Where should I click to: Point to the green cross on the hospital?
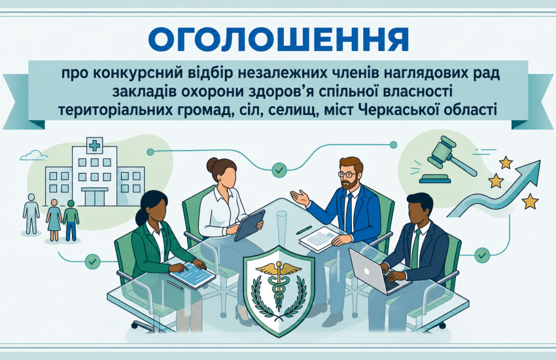tap(94, 145)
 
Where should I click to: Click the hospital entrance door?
tap(94, 197)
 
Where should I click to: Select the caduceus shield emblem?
tap(279, 289)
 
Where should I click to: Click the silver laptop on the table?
tap(373, 272)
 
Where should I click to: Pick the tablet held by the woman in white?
tap(249, 225)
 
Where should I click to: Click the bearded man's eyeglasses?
tap(347, 175)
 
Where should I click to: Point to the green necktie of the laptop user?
tap(415, 247)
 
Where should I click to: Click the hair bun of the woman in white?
tap(213, 164)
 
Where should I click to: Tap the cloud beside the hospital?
tap(33, 155)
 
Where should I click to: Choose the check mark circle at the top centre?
tap(279, 170)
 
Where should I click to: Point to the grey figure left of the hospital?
tap(31, 213)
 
